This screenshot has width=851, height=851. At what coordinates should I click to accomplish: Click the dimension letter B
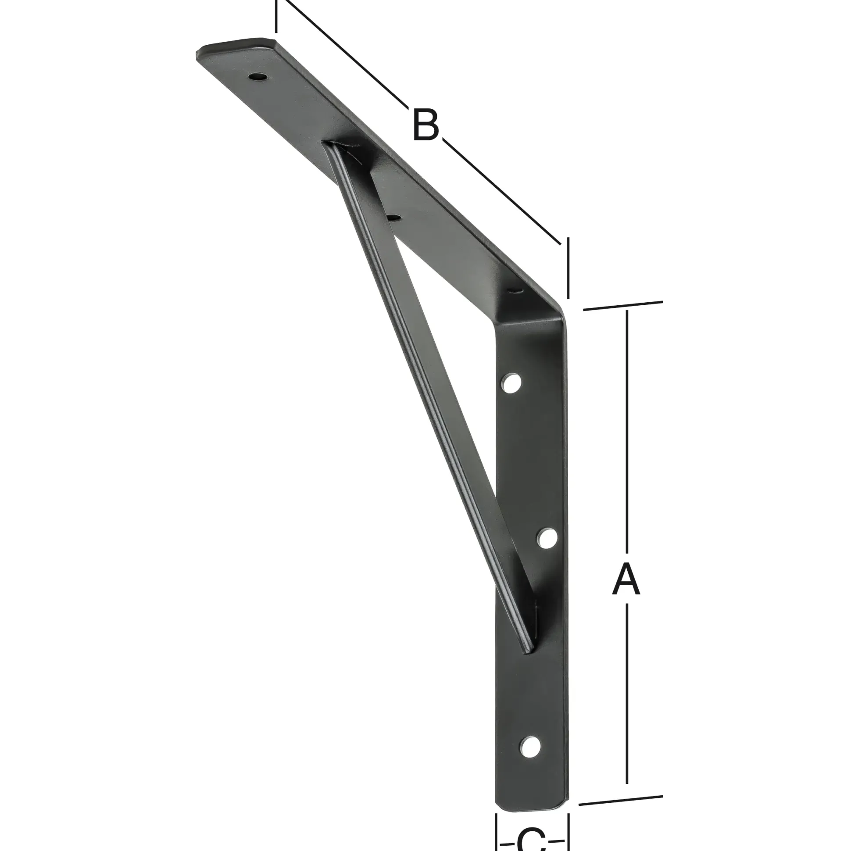(x=425, y=125)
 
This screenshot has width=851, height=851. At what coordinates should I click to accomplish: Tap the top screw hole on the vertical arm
(x=511, y=383)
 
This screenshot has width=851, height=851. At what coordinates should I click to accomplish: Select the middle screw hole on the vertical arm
(x=547, y=538)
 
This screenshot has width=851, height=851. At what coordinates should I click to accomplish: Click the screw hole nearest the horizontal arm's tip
(x=257, y=77)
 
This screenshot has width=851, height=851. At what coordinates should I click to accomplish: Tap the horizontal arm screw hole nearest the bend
(x=514, y=290)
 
